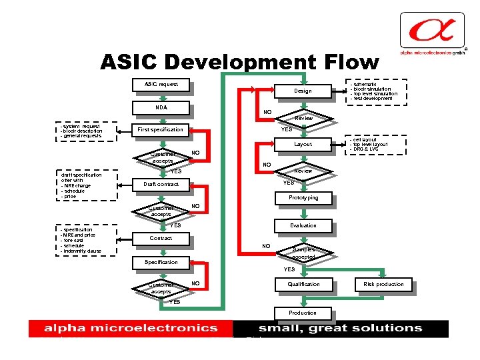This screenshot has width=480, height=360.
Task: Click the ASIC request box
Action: [x=161, y=85]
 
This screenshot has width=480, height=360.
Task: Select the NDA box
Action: [x=161, y=107]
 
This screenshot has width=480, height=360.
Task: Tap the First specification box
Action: [x=160, y=129]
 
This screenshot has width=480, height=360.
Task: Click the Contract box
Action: [x=161, y=238]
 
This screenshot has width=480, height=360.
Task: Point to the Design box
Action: [x=303, y=91]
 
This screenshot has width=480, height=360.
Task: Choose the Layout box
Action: [x=303, y=144]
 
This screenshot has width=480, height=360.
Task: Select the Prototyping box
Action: [x=303, y=198]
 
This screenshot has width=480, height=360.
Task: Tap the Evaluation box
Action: [x=303, y=225]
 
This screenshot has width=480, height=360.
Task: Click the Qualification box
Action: [x=303, y=284]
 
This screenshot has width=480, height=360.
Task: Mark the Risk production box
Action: [x=383, y=284]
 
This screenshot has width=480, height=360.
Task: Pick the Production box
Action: [x=303, y=313]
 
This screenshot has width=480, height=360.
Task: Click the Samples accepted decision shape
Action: [x=303, y=253]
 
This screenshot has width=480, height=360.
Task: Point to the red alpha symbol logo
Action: [x=431, y=31]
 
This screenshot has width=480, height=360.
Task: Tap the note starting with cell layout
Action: [x=371, y=145]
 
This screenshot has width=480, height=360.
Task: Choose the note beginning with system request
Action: [x=83, y=131]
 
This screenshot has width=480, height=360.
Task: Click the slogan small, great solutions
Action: [x=341, y=328]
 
